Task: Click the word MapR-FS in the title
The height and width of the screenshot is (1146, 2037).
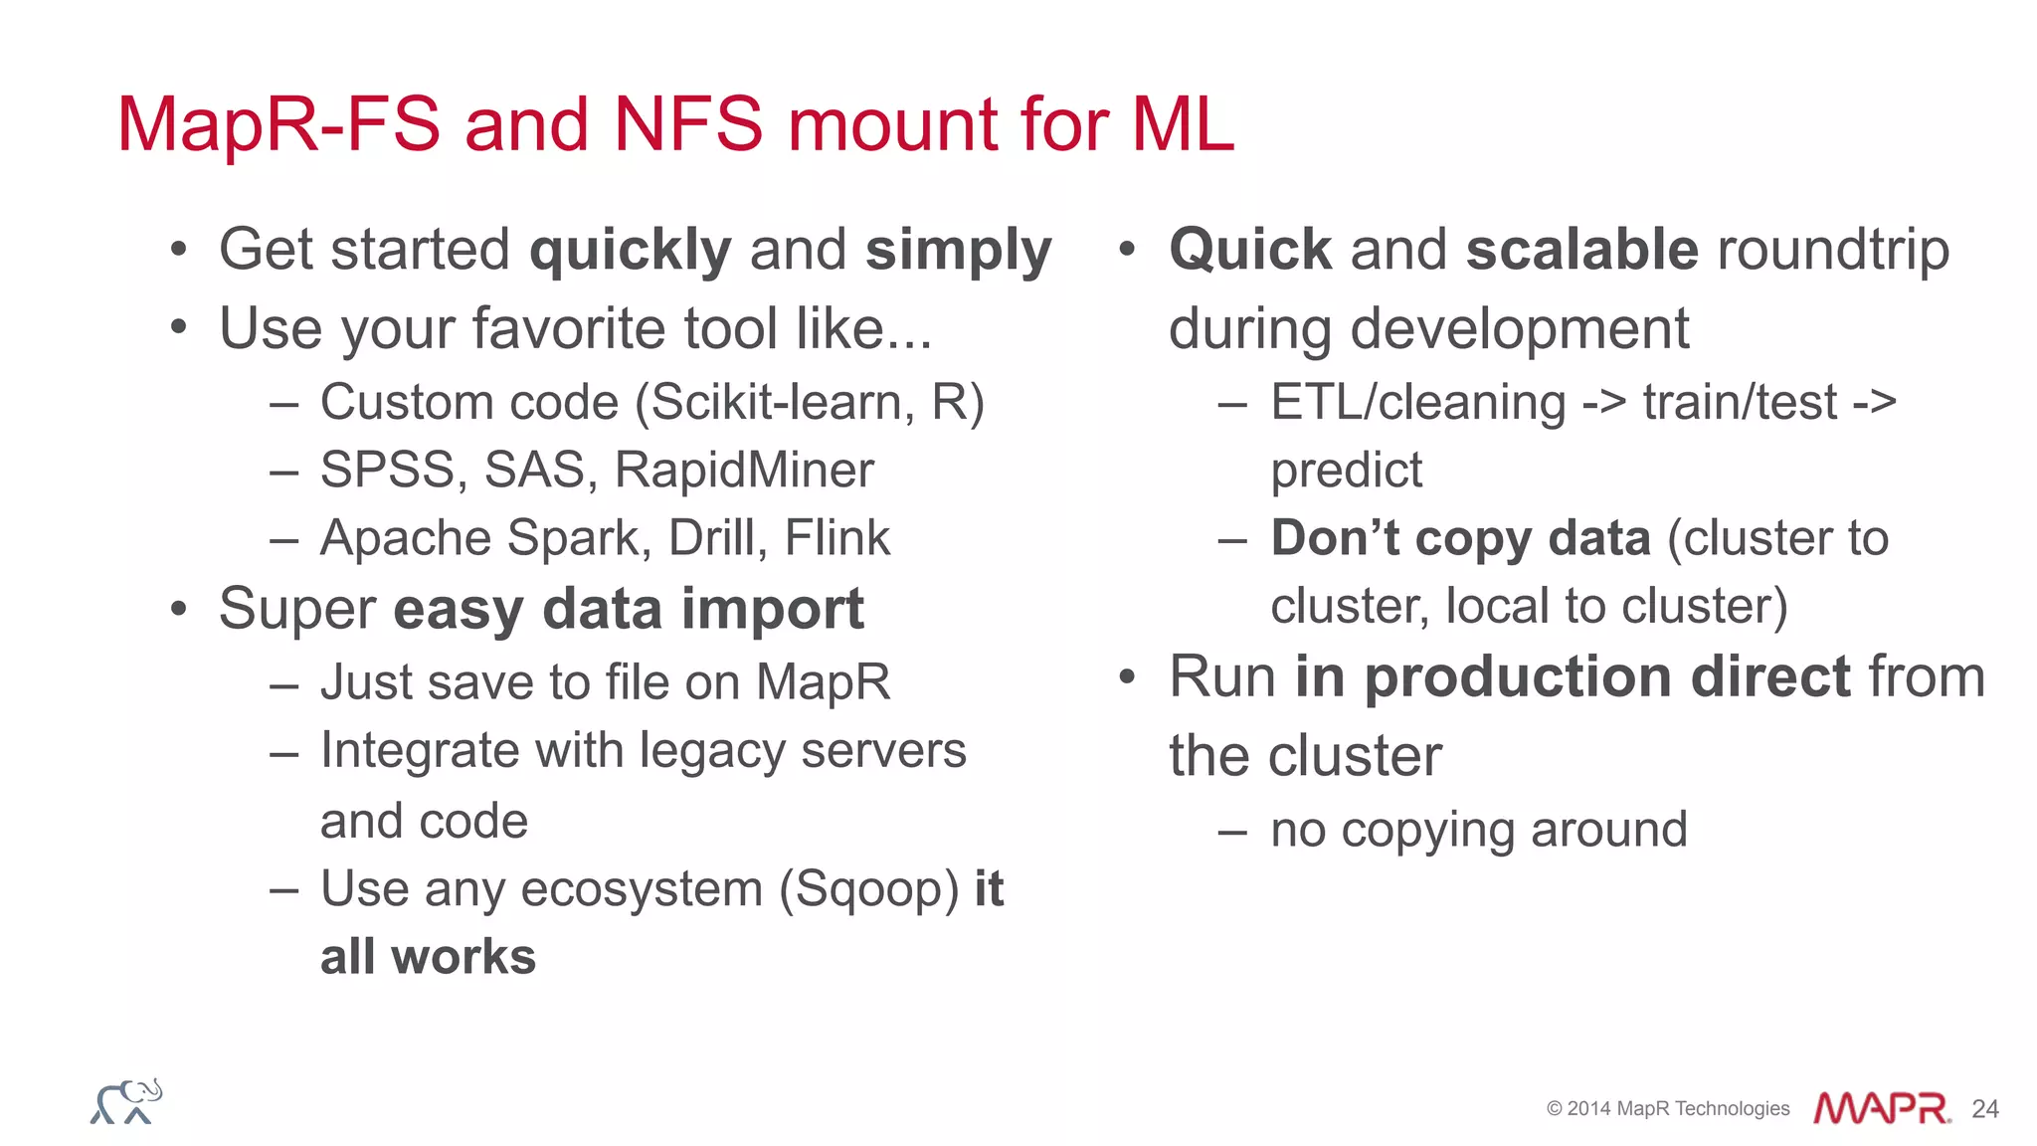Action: tap(278, 124)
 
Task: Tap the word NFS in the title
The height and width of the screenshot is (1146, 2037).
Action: tap(688, 124)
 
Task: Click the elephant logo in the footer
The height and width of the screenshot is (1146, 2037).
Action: tap(126, 1102)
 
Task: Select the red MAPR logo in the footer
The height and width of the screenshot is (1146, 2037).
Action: tap(1881, 1108)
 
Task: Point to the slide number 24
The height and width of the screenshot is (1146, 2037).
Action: tap(1984, 1109)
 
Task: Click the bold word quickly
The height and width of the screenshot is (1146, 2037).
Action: tap(631, 251)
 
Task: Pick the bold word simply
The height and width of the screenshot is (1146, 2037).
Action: tap(958, 251)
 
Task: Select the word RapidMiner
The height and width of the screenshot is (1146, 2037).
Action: tap(744, 470)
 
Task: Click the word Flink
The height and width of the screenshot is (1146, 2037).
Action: tap(836, 538)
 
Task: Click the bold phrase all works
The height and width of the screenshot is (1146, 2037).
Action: tap(428, 957)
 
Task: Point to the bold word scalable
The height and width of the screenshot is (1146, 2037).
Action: tap(1582, 250)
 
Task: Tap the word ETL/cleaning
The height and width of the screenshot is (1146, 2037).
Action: tap(1418, 403)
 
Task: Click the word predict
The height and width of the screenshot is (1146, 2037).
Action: tap(1346, 471)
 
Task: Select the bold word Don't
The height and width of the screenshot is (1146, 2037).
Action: tap(1335, 538)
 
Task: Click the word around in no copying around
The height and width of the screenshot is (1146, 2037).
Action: tap(1608, 830)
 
